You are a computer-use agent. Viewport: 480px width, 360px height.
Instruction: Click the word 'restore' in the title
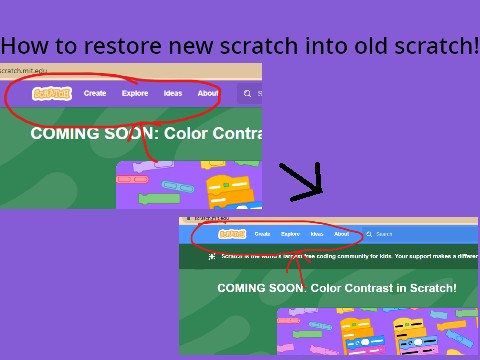pos(135,46)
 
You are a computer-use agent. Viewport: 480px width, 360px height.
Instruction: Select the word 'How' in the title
pos(23,46)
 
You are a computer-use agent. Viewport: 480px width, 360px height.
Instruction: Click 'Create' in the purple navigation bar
pos(95,93)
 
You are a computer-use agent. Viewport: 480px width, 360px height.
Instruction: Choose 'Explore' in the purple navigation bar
pos(135,93)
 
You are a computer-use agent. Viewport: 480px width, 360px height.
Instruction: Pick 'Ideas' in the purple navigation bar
pos(173,93)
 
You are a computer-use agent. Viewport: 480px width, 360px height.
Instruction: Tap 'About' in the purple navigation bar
pos(208,93)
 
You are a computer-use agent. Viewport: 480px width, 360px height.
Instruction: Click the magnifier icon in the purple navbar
pos(247,94)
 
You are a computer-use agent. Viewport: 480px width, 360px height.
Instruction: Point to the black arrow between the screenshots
pos(302,179)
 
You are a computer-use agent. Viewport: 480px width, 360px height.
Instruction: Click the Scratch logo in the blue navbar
pos(232,234)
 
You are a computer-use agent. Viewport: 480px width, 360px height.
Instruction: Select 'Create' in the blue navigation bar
pos(262,234)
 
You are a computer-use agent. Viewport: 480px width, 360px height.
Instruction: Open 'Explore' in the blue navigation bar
pos(290,234)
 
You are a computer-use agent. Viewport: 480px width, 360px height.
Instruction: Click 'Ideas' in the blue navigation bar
pos(317,234)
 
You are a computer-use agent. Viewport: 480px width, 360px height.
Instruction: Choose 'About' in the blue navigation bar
pos(342,234)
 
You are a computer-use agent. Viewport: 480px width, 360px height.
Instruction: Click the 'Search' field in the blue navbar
pos(385,234)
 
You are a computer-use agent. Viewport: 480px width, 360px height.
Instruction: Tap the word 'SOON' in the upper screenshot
pos(108,133)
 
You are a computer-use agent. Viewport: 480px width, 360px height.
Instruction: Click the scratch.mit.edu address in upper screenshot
pos(25,70)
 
